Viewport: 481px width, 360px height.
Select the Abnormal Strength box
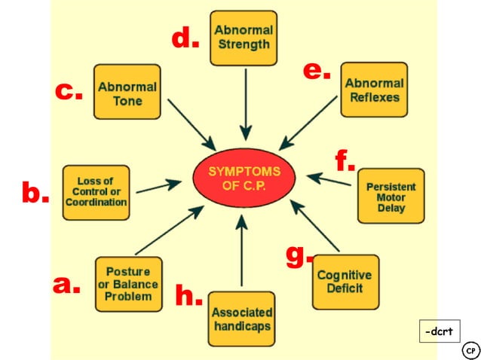244,37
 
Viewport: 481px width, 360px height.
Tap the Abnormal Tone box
127,91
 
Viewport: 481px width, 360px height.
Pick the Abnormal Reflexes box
374,90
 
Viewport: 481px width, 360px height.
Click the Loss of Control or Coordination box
96,192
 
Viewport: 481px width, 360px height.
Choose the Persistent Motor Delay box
391,196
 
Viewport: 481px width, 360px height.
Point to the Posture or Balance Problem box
128,284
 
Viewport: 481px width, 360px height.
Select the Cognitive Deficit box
345,281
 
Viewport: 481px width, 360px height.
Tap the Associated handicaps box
241,319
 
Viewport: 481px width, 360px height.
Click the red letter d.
185,38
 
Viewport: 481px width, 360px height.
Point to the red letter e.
317,71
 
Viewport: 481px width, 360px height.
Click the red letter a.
66,285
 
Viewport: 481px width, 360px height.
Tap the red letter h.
188,295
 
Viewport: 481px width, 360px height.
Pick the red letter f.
345,160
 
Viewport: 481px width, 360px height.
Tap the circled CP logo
470,351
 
